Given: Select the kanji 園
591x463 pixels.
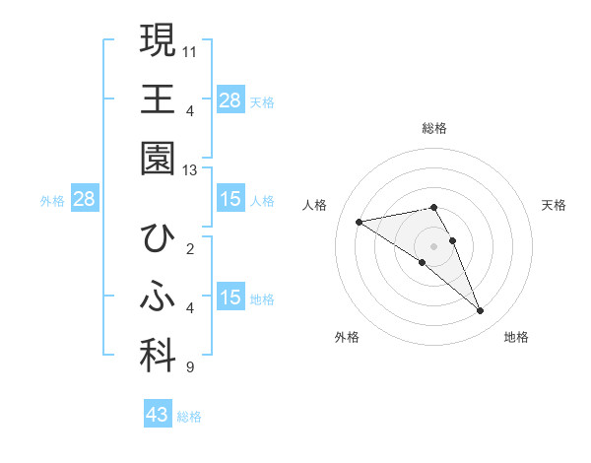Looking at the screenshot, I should [158, 159].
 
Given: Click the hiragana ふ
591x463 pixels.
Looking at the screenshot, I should [158, 298].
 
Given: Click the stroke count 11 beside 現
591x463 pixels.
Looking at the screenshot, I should [190, 50].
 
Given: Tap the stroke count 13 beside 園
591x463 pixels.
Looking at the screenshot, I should [190, 170].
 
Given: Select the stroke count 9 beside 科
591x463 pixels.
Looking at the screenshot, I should [189, 368].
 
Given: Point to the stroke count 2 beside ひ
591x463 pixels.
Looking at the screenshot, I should [189, 248].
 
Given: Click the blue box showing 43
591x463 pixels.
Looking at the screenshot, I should [158, 415].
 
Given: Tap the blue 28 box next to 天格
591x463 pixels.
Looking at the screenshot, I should [230, 100].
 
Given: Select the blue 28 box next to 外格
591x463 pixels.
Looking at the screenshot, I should [85, 200].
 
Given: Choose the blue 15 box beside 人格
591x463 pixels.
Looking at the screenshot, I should [230, 200].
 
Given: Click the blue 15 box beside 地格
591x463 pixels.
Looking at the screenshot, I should [230, 298].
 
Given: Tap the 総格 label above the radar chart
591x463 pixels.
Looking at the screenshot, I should [434, 128].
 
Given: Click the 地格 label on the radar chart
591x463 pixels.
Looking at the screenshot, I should [516, 337].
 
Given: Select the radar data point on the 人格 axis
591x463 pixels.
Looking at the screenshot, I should [360, 222].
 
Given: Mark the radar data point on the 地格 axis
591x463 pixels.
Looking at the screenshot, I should [481, 311].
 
